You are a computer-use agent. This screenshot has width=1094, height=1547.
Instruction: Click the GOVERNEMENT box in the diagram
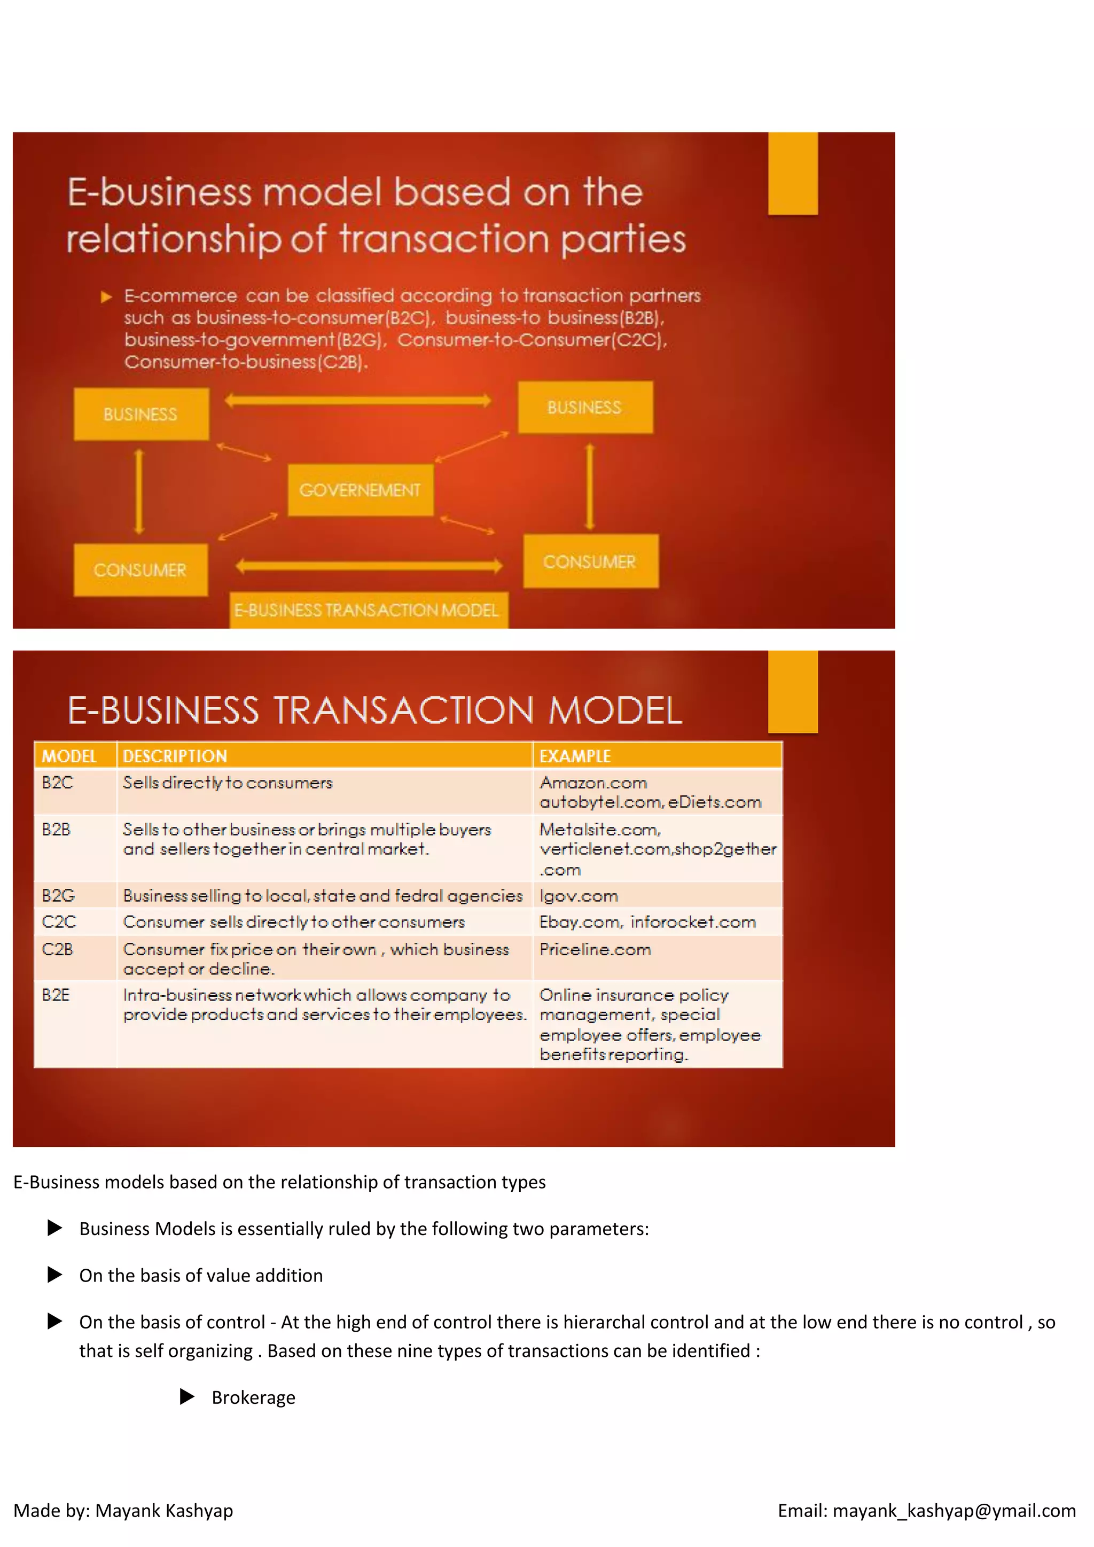(x=361, y=490)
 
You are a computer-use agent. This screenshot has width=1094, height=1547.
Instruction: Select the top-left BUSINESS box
(x=141, y=413)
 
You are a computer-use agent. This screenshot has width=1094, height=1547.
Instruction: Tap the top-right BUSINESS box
(x=585, y=407)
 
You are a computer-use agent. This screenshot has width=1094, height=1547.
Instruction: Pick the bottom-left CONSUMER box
(x=140, y=570)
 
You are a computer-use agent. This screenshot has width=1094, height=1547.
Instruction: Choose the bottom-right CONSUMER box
(x=590, y=561)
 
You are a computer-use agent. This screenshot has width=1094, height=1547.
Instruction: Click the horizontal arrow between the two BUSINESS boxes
(x=358, y=401)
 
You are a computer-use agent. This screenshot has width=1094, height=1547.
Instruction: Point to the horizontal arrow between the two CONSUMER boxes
(x=369, y=565)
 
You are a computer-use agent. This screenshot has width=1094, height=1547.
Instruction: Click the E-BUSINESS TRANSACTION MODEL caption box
(x=368, y=610)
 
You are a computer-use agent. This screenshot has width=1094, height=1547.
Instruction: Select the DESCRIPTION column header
(x=175, y=756)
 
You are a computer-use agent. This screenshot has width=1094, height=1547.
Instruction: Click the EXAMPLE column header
(x=575, y=756)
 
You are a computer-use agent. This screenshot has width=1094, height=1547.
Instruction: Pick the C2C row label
(x=59, y=921)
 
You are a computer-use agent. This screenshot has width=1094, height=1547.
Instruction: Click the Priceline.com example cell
(x=596, y=949)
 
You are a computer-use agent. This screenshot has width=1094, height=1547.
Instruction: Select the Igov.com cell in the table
(x=579, y=895)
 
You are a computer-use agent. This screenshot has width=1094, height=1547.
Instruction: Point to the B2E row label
(x=56, y=995)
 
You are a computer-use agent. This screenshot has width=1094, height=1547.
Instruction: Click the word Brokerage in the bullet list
(x=253, y=1397)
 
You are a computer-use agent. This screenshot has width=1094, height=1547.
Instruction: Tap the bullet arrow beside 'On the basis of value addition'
(x=55, y=1275)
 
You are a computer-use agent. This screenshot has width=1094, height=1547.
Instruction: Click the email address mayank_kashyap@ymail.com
(x=954, y=1511)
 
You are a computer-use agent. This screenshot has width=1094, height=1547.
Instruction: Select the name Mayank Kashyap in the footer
(x=165, y=1511)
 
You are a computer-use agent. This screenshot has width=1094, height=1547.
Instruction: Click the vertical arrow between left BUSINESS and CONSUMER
(x=139, y=492)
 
